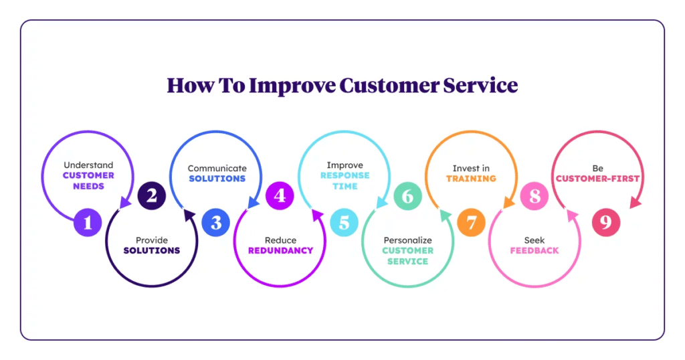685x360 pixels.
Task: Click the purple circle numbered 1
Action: pos(88,222)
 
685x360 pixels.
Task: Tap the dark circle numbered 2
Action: pos(152,195)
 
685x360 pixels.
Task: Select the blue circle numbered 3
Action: pos(216,222)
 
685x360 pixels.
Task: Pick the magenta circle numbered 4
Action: pos(280,195)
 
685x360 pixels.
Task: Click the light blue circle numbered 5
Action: pos(344,222)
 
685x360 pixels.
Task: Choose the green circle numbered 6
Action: pos(407,196)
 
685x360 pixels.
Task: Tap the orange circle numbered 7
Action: pos(472,222)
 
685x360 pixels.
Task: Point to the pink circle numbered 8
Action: pos(534,196)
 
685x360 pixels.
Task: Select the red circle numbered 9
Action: pos(605,222)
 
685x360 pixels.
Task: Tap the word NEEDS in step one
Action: pos(88,186)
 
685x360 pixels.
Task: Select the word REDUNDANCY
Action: pos(280,250)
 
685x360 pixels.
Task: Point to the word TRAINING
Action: pos(471,179)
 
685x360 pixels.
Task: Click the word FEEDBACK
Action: pos(534,250)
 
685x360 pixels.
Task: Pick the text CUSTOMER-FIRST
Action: pos(597,179)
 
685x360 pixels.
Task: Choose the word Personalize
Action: pos(407,240)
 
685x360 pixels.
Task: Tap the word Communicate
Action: pos(217,168)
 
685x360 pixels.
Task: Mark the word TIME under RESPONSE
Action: pos(344,186)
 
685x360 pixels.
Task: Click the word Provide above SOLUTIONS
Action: pos(152,240)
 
